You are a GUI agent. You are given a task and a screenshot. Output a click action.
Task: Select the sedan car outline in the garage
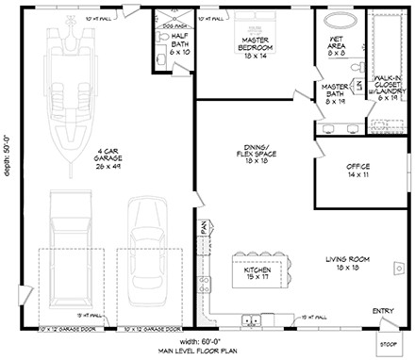click(152, 239)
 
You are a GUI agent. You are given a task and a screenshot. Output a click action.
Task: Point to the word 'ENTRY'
click(383, 311)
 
